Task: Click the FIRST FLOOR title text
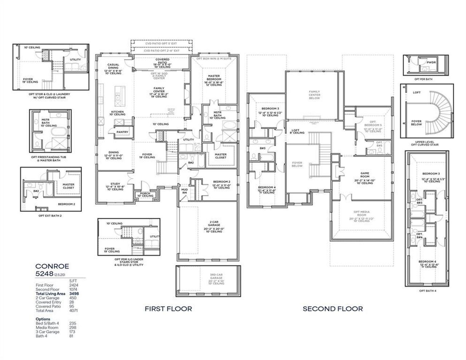tap(168, 309)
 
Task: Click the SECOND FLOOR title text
tap(333, 309)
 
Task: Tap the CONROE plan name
tap(52, 266)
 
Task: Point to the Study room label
tap(115, 184)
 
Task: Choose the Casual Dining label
tap(113, 66)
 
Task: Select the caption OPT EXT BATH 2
tap(50, 215)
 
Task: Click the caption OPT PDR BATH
tap(423, 79)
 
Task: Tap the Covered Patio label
tap(162, 61)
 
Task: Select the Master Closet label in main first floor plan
tap(221, 156)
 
